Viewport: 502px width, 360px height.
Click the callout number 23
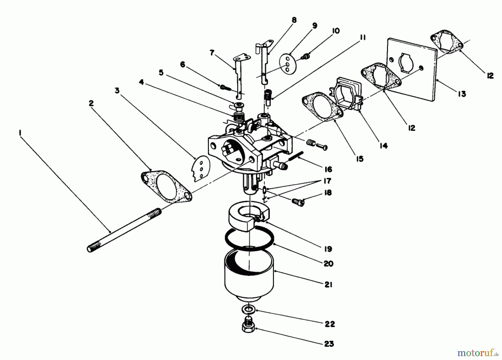329,344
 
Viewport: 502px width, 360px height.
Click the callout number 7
212,52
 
